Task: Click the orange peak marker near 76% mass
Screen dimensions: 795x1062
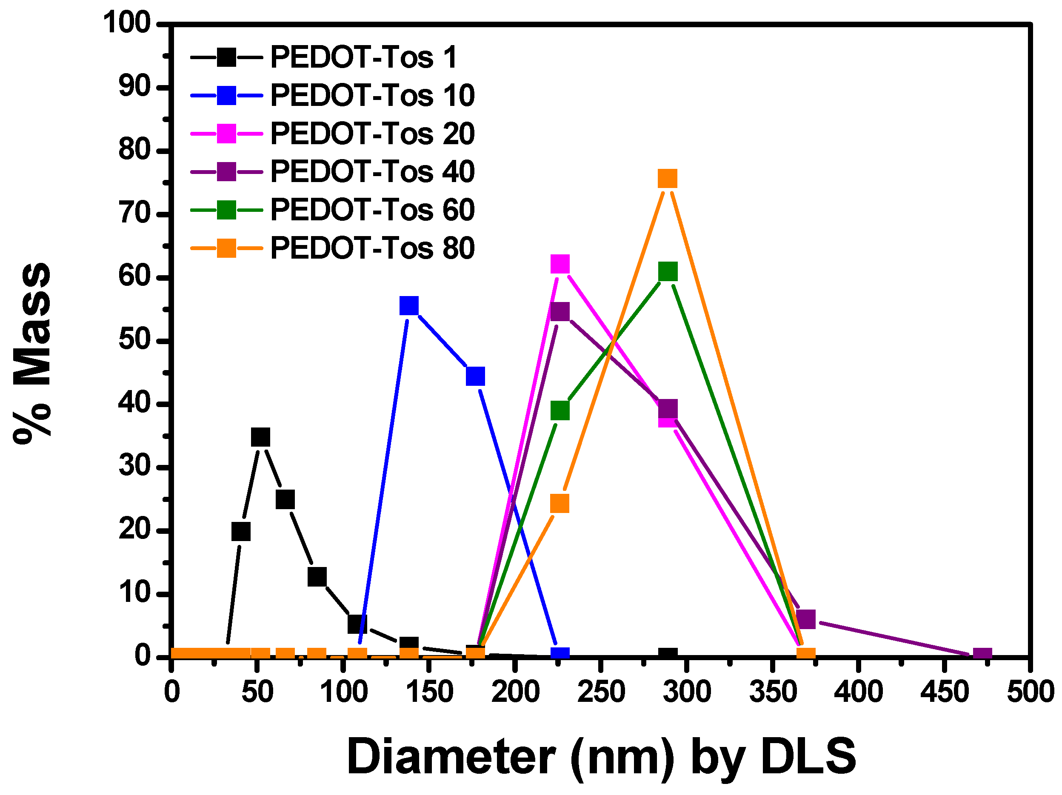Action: pos(667,179)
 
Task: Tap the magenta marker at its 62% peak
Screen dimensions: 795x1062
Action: pos(560,264)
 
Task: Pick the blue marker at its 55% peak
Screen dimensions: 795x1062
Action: pos(409,305)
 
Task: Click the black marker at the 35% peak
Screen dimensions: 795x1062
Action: pos(261,437)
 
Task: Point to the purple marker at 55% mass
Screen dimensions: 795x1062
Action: pos(560,312)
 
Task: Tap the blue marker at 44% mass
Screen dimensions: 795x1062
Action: pos(475,376)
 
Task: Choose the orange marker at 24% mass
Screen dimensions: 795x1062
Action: pos(560,504)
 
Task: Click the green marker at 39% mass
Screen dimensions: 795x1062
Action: pos(560,410)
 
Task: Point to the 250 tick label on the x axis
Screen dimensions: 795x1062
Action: pos(601,692)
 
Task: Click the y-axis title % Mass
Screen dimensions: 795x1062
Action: pos(33,353)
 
